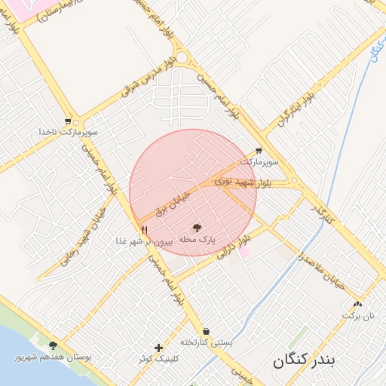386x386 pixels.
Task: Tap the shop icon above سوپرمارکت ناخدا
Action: (x=68, y=121)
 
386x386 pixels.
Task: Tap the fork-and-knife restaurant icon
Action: (x=143, y=231)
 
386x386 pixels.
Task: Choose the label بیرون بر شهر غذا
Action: (x=144, y=242)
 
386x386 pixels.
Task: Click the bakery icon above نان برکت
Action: (x=357, y=305)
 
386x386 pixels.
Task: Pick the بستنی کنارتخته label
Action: (x=206, y=342)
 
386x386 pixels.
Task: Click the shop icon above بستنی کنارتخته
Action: (x=206, y=331)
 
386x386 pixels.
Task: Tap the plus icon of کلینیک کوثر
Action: (x=158, y=348)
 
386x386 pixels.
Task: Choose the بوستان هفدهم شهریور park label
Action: (x=52, y=357)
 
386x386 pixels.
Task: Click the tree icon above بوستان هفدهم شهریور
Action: (x=52, y=345)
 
